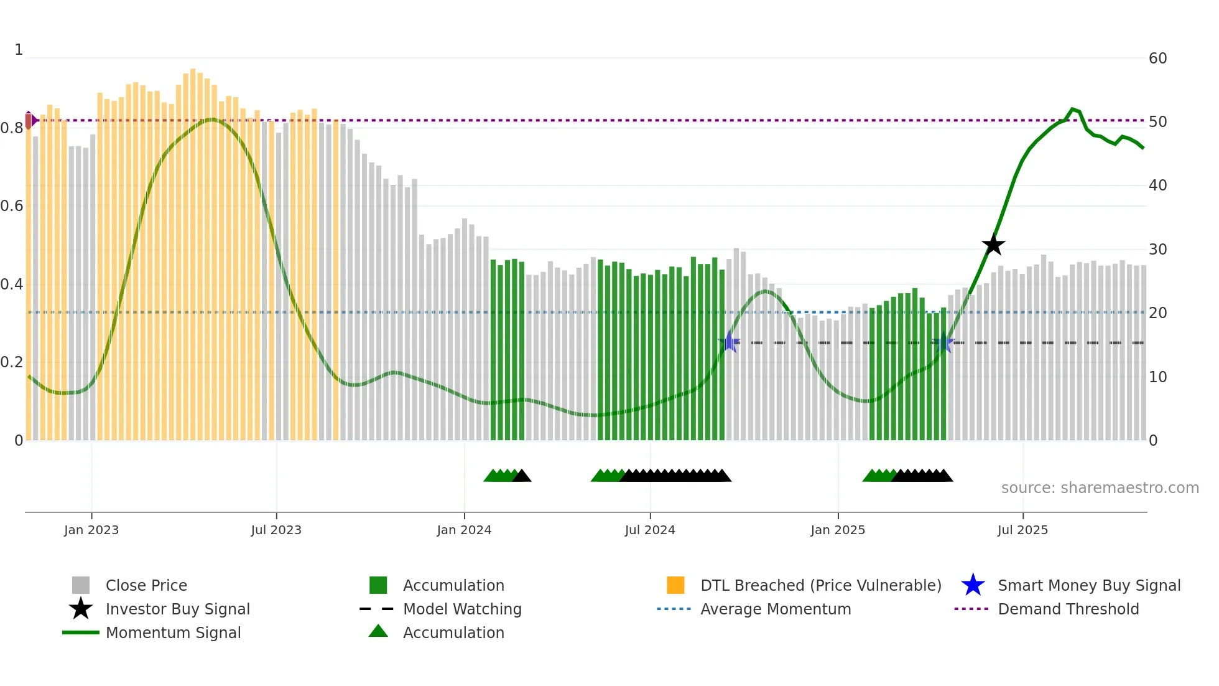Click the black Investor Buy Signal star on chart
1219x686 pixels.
993,245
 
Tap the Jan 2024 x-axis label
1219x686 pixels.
464,530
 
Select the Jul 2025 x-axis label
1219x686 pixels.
1022,530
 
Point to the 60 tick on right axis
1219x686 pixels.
1157,59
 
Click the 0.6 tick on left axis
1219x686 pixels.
12,206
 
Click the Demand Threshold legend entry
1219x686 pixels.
1068,609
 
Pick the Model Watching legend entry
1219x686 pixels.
461,609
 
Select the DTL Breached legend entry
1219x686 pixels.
820,585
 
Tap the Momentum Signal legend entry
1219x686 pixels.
173,632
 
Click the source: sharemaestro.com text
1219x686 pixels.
1100,487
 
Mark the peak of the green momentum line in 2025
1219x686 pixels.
1072,109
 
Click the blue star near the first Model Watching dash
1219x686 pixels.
729,342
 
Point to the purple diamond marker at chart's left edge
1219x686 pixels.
29,120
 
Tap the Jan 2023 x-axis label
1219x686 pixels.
91,530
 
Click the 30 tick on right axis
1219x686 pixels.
1157,250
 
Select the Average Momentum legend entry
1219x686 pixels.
775,609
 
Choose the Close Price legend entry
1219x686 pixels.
146,585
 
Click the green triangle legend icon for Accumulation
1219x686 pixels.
378,631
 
